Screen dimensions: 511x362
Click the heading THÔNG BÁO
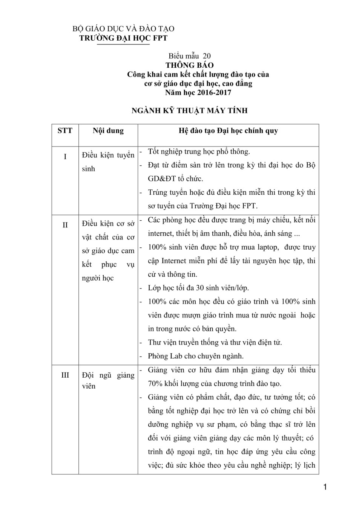pyautogui.click(x=189, y=65)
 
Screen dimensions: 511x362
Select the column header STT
pyautogui.click(x=65, y=131)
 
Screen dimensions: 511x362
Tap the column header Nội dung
pyautogui.click(x=108, y=131)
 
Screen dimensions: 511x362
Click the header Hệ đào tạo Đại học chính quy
pyautogui.click(x=228, y=131)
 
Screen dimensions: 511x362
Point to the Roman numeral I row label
pyautogui.click(x=65, y=156)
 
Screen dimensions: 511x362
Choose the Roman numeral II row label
pyautogui.click(x=65, y=225)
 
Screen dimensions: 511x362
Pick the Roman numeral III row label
pyautogui.click(x=65, y=375)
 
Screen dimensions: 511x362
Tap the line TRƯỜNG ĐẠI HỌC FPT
pyautogui.click(x=123, y=38)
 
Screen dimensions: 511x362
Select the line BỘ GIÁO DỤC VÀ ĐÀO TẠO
pyautogui.click(x=123, y=29)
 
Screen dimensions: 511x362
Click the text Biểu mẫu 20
pyautogui.click(x=190, y=56)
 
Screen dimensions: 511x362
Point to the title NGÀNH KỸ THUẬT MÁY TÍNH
pyautogui.click(x=190, y=110)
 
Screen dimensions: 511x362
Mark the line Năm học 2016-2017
pyautogui.click(x=198, y=92)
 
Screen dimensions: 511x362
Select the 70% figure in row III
pyautogui.click(x=155, y=384)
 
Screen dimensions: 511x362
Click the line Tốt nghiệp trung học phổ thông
pyautogui.click(x=199, y=152)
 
